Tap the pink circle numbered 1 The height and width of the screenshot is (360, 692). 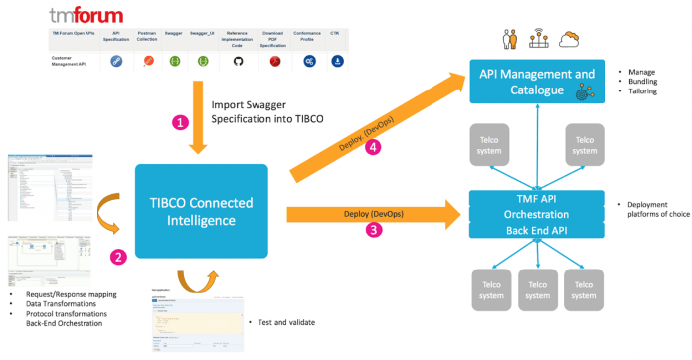tap(180, 122)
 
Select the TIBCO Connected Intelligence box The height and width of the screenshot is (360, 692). tap(203, 209)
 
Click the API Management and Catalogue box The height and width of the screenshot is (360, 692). tap(538, 82)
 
